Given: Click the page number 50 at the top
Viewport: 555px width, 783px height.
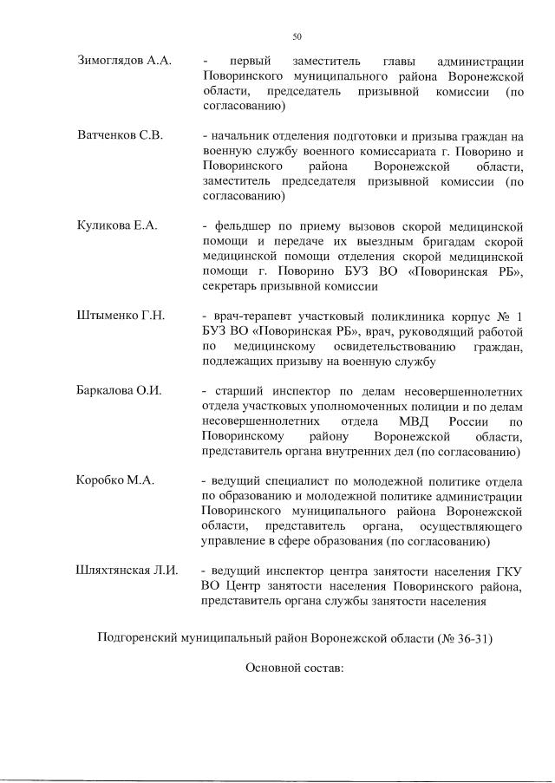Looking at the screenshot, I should (297, 36).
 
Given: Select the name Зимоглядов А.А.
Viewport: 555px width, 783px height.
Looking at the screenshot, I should (125, 61).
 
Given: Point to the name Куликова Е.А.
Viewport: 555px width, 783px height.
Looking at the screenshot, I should (117, 225).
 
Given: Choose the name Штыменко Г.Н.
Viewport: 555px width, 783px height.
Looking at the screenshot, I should (121, 315).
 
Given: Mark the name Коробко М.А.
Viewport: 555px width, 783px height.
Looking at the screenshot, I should (115, 480).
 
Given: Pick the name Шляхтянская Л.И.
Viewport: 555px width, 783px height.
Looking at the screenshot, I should (127, 571).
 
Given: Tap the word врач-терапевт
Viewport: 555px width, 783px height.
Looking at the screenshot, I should (252, 315).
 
